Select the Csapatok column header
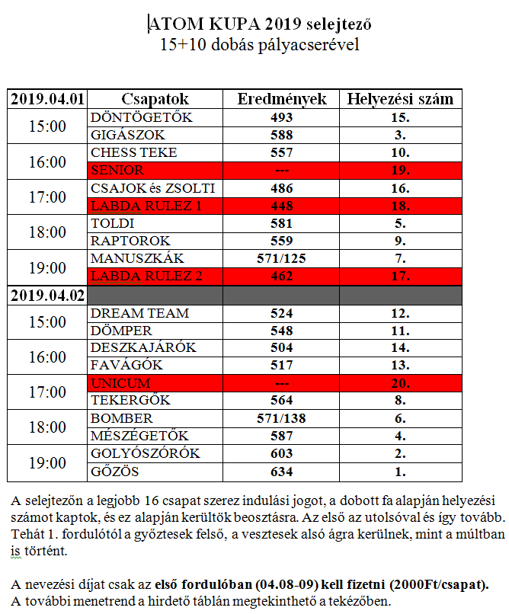(x=155, y=99)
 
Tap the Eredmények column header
(x=282, y=99)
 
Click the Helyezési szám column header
(x=400, y=99)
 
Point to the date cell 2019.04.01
(x=47, y=99)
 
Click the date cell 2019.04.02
(x=47, y=295)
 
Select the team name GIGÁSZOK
(x=125, y=136)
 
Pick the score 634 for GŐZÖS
(x=282, y=472)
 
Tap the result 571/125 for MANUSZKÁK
(x=282, y=259)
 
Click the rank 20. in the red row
(x=400, y=383)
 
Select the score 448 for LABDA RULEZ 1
(x=282, y=206)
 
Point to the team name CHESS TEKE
(x=133, y=153)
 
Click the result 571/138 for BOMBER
(x=282, y=419)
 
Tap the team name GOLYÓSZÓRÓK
(x=145, y=454)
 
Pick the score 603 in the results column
(x=282, y=454)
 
